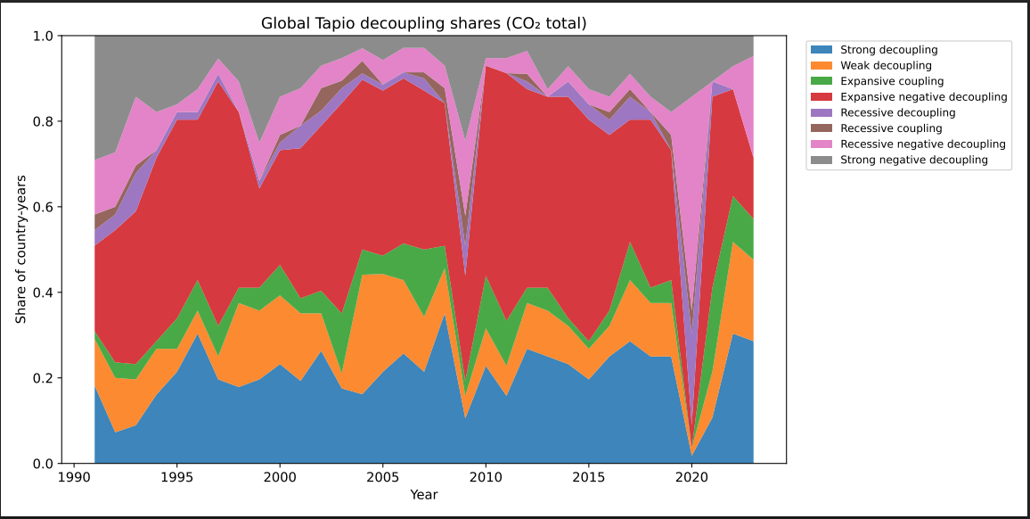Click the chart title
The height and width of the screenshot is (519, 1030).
423,23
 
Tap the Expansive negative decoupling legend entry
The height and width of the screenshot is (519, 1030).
924,97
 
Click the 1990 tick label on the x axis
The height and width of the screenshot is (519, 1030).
74,477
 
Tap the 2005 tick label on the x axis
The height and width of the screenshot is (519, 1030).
382,477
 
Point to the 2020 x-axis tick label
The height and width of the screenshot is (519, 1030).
691,477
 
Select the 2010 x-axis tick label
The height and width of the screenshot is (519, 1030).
486,477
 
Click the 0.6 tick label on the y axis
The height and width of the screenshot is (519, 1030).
45,207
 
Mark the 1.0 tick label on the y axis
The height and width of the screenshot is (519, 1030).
45,36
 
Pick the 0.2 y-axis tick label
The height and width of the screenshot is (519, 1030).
45,378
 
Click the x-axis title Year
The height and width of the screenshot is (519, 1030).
423,494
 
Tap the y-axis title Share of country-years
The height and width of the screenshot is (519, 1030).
20,250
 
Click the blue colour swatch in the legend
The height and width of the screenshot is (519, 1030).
826,51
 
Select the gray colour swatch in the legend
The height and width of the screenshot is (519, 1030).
826,160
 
